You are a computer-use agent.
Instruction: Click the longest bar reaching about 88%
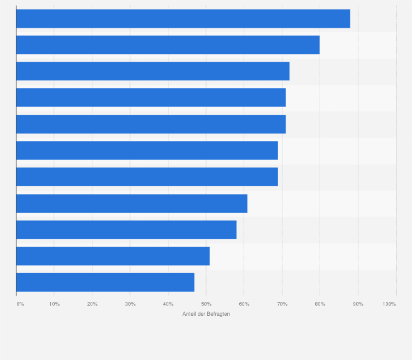(x=183, y=19)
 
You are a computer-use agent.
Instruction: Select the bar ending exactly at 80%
(x=168, y=45)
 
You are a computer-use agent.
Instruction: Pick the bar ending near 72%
(x=152, y=71)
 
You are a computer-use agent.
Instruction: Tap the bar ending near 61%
(x=132, y=203)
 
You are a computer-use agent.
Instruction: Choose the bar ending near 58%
(x=126, y=229)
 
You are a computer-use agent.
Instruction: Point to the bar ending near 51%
(x=113, y=256)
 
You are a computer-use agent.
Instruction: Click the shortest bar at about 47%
(x=105, y=282)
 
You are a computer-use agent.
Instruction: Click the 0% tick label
(x=20, y=304)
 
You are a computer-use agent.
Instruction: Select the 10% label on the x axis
(x=54, y=304)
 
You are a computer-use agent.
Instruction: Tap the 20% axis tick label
(x=92, y=304)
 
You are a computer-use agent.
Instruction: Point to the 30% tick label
(x=130, y=304)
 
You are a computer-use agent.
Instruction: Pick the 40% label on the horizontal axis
(x=168, y=304)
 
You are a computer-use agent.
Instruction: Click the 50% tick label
(x=206, y=304)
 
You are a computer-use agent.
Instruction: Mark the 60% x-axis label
(x=244, y=304)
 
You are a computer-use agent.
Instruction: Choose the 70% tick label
(x=282, y=304)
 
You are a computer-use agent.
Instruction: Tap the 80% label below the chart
(x=320, y=304)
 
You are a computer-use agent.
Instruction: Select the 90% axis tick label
(x=358, y=304)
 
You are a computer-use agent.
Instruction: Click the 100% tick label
(x=389, y=304)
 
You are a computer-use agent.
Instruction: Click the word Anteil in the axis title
(x=189, y=314)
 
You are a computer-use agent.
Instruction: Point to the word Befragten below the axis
(x=218, y=314)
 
